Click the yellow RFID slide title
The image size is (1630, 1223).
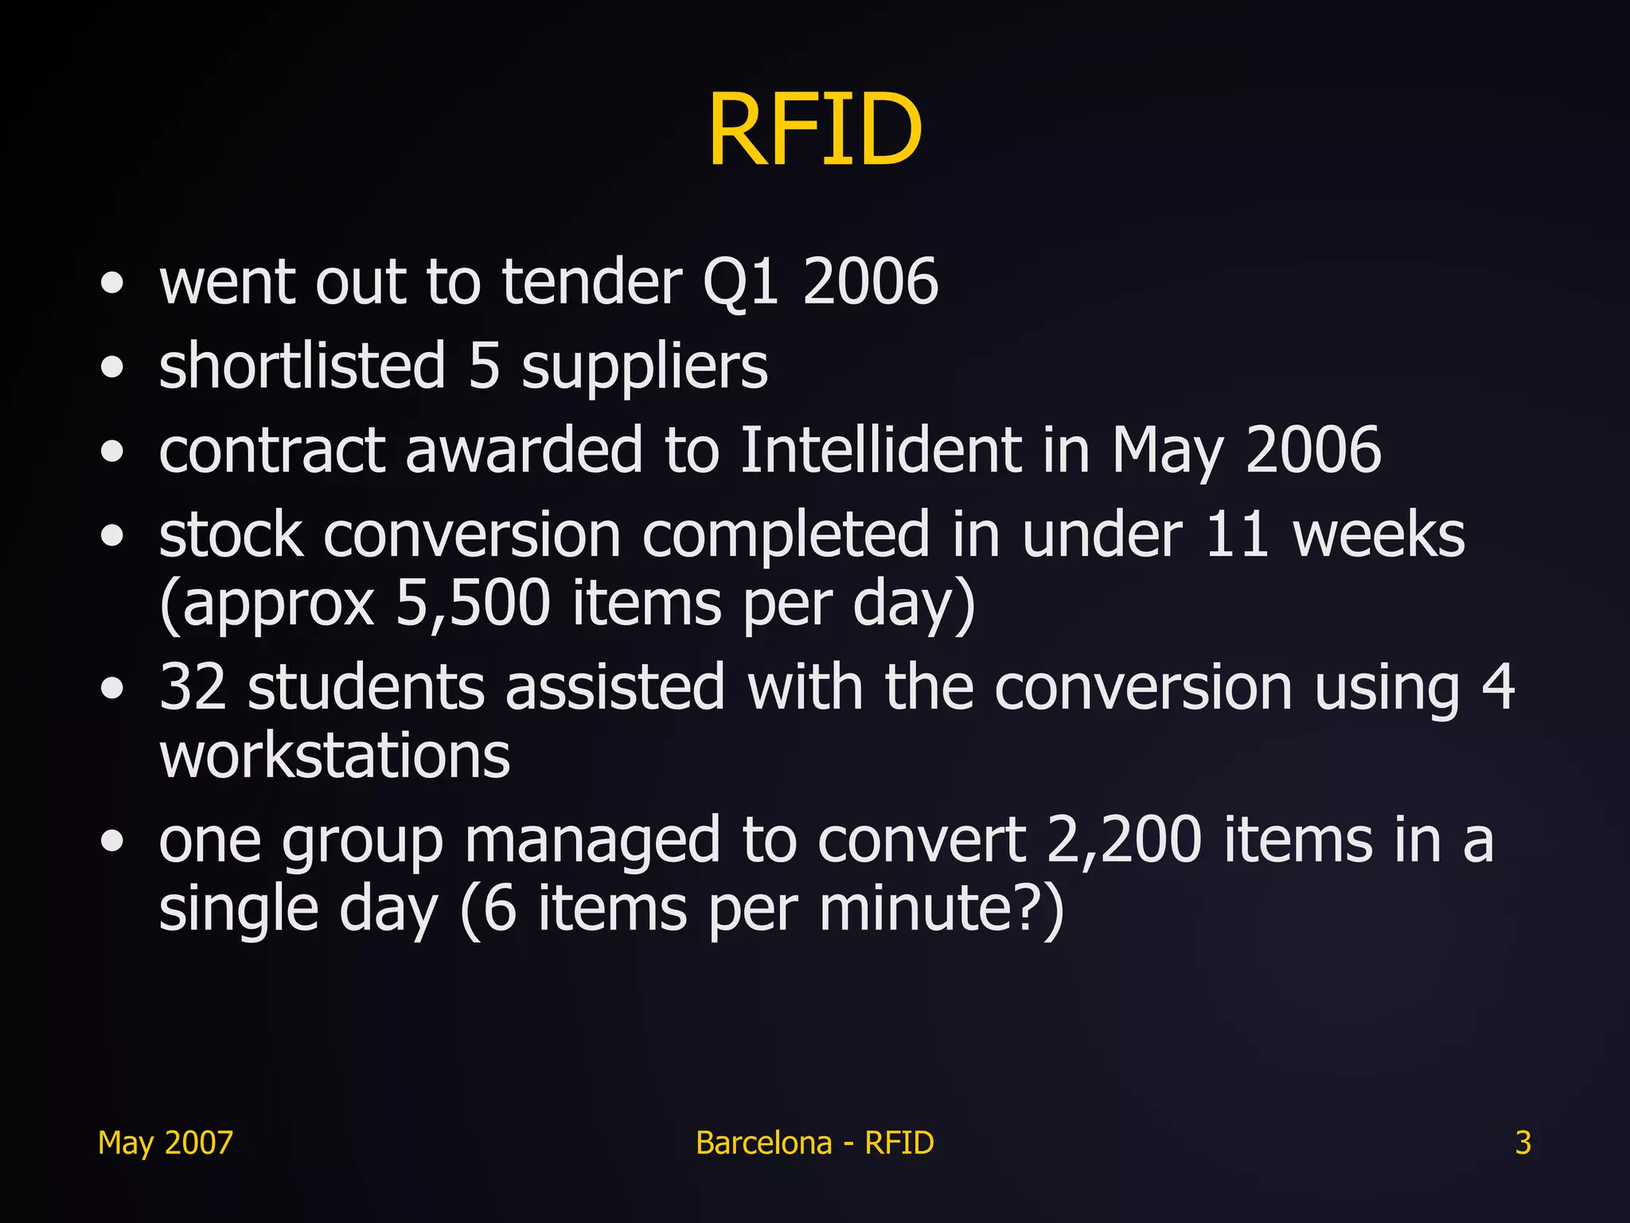pyautogui.click(x=815, y=130)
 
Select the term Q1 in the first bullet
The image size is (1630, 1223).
pyautogui.click(x=740, y=282)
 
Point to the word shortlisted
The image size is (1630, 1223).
pyautogui.click(x=302, y=366)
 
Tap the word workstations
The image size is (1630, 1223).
pyautogui.click(x=334, y=756)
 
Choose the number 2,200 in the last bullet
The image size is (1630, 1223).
pyautogui.click(x=1124, y=840)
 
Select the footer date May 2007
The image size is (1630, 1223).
pyautogui.click(x=166, y=1143)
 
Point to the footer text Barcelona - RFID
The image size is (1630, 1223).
pyautogui.click(x=815, y=1143)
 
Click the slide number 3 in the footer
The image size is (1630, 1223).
pyautogui.click(x=1523, y=1143)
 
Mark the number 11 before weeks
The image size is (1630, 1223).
pyautogui.click(x=1237, y=534)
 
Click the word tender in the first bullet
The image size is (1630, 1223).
pyautogui.click(x=592, y=282)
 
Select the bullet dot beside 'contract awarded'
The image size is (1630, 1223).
pyautogui.click(x=113, y=451)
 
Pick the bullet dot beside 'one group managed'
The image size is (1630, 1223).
pyautogui.click(x=113, y=841)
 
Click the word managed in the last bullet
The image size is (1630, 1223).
pyautogui.click(x=592, y=842)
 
